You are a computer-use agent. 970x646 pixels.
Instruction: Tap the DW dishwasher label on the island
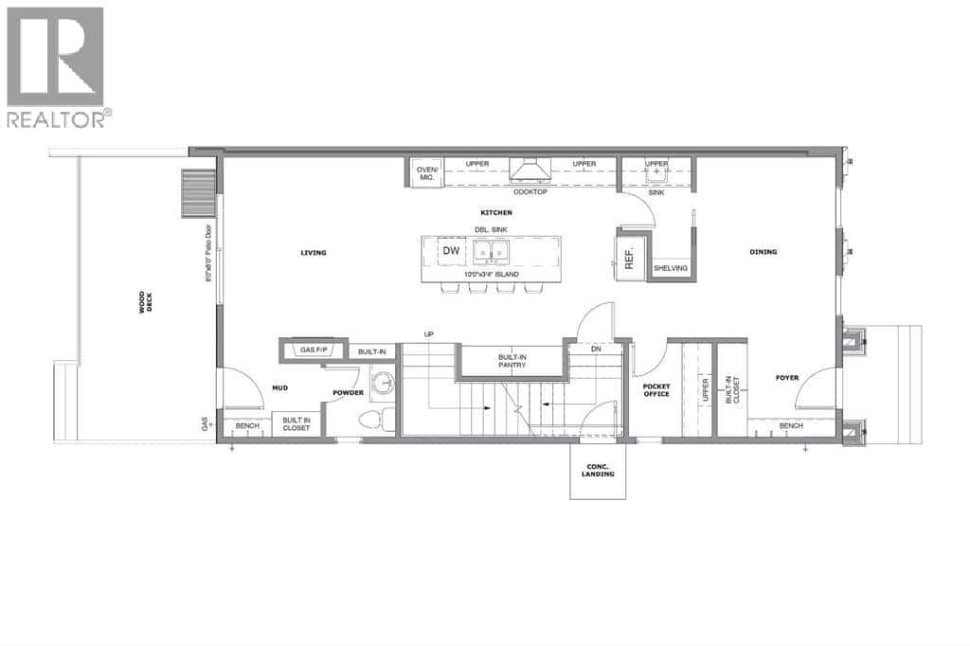[451, 250]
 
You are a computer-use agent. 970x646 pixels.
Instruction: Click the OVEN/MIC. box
[426, 174]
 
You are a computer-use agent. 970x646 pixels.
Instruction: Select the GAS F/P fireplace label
[314, 350]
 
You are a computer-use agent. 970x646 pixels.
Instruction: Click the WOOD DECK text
[145, 302]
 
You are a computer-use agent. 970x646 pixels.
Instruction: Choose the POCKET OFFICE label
[656, 389]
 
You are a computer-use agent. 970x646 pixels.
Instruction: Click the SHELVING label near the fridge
[671, 269]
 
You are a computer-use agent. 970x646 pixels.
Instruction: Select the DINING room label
[763, 252]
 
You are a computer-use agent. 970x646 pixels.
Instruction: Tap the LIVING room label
[314, 253]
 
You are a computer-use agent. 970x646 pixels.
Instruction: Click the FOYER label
[786, 378]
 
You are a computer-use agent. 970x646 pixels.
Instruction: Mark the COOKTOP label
[531, 191]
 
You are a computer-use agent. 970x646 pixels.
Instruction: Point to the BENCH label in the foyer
[791, 426]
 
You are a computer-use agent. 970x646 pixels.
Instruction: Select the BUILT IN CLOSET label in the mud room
[296, 423]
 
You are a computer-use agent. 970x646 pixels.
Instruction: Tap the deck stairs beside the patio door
[199, 194]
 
